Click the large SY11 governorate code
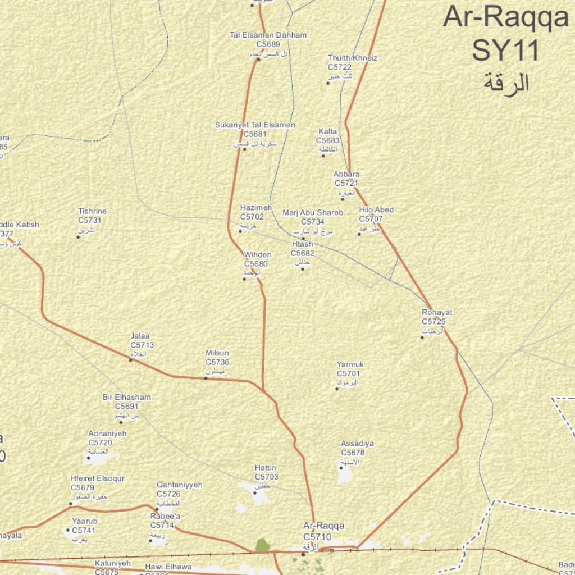click(x=505, y=50)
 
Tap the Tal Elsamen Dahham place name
click(x=268, y=35)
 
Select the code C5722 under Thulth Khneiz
click(x=340, y=67)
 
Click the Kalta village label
click(x=328, y=131)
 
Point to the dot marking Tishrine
click(x=79, y=237)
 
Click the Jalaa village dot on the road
click(x=131, y=360)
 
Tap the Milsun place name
click(x=217, y=353)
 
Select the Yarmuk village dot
click(x=337, y=389)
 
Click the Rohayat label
click(x=437, y=313)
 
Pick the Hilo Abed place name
click(x=376, y=210)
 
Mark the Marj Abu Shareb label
click(x=313, y=213)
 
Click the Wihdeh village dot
click(x=244, y=279)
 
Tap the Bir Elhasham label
click(x=127, y=397)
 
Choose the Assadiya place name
click(x=357, y=444)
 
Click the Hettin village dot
click(x=255, y=493)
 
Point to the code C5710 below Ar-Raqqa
click(x=317, y=536)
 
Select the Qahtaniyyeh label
click(x=180, y=485)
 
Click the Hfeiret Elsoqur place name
click(x=98, y=478)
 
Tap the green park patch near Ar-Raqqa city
click(x=262, y=545)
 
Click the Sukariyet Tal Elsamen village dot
click(x=244, y=149)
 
